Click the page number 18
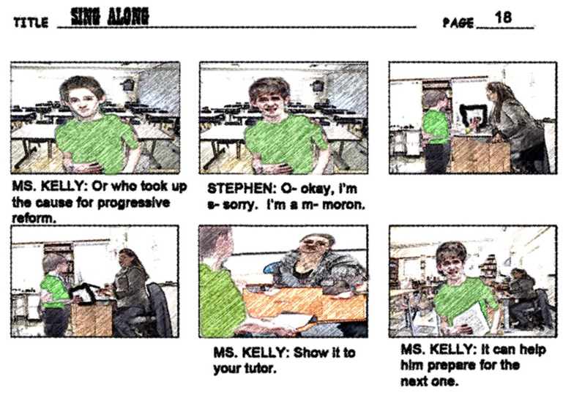(x=503, y=17)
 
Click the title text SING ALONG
(x=110, y=17)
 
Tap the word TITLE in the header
(x=31, y=23)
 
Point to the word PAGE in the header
(x=458, y=23)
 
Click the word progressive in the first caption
(x=133, y=203)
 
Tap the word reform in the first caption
(x=34, y=218)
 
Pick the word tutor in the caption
(x=260, y=368)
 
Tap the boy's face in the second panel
(x=272, y=102)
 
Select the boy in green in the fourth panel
(x=55, y=294)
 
